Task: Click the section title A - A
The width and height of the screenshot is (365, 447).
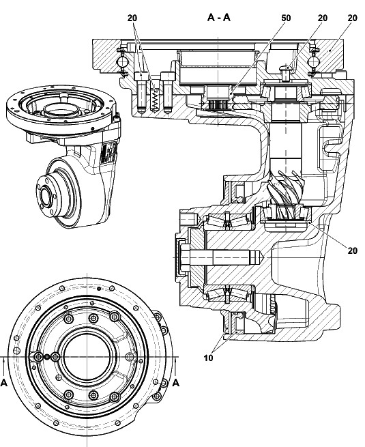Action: [x=218, y=18]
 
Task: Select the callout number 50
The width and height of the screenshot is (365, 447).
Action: [x=286, y=18]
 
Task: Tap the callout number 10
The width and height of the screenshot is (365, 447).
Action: [x=209, y=358]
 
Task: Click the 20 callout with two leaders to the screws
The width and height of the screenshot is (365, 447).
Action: [x=132, y=18]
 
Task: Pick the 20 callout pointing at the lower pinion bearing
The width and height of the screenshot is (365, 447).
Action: [x=353, y=250]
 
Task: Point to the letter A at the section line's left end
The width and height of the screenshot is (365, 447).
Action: [x=4, y=383]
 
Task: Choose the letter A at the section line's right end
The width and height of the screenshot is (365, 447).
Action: [x=176, y=383]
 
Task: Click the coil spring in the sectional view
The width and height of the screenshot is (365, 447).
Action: [x=155, y=100]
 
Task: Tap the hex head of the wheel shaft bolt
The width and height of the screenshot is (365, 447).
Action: [x=185, y=257]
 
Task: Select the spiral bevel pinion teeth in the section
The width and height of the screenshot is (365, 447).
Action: [x=286, y=190]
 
